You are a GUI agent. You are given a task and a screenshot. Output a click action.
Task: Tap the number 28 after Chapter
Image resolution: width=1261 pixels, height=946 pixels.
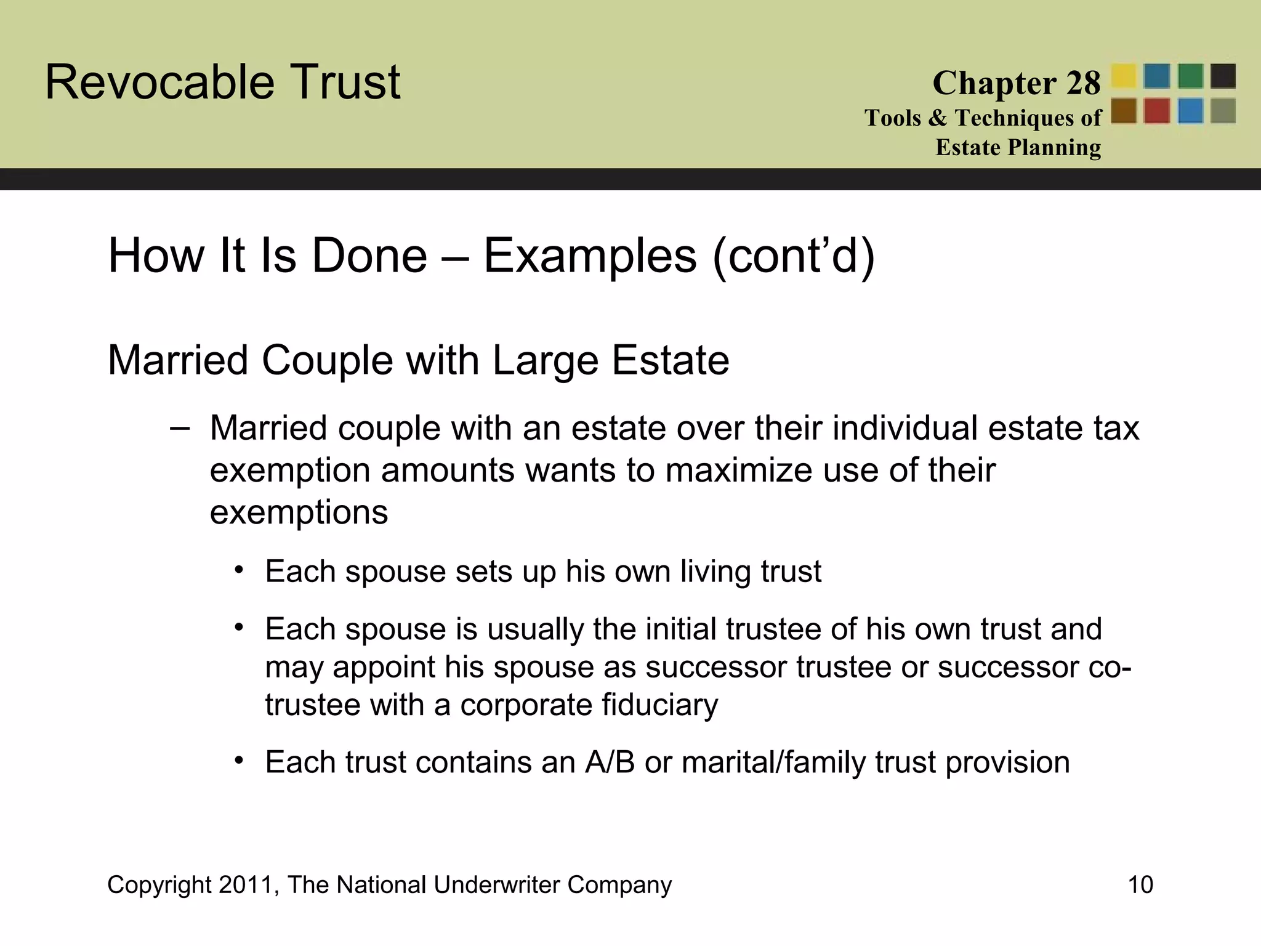pyautogui.click(x=1083, y=83)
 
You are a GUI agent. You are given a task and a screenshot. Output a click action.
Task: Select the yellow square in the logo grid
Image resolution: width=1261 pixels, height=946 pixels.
pyautogui.click(x=1124, y=76)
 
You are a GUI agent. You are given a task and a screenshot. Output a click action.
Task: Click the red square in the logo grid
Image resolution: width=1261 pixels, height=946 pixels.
pyautogui.click(x=1157, y=111)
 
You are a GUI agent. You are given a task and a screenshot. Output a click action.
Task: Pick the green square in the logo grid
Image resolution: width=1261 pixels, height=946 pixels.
pyautogui.click(x=1190, y=76)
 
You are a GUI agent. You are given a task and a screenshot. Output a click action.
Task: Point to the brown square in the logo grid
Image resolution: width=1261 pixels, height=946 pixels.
pyautogui.click(x=1124, y=111)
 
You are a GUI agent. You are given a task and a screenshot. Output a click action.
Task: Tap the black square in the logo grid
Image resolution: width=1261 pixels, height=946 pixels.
pyautogui.click(x=1223, y=76)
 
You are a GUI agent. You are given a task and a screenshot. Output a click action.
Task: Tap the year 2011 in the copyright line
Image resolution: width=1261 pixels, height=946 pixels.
pyautogui.click(x=243, y=884)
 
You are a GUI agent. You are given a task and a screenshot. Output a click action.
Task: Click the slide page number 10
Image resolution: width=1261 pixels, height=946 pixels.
pyautogui.click(x=1140, y=884)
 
